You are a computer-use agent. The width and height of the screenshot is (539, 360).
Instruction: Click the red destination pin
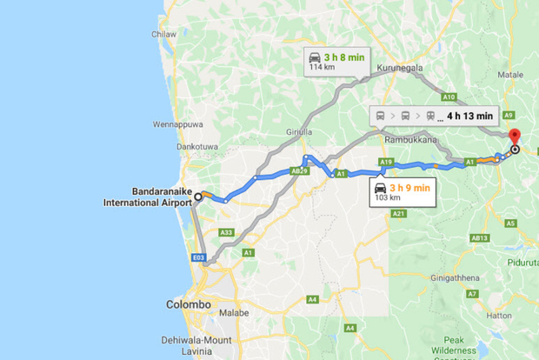(513, 137)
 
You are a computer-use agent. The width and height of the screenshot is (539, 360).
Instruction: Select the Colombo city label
(188, 304)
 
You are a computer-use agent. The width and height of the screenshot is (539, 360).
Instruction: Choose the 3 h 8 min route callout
(336, 62)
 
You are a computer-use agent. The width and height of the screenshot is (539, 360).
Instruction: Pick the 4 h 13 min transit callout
(433, 115)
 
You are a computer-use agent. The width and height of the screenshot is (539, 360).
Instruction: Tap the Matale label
(511, 75)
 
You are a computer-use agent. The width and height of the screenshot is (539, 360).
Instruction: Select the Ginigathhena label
(457, 278)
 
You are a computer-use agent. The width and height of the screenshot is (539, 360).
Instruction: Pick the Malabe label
(234, 312)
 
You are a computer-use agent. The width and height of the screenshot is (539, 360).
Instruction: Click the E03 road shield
(199, 258)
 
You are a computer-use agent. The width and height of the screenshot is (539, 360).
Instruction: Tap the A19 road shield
(387, 163)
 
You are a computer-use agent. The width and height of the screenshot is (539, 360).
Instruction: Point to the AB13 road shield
(479, 237)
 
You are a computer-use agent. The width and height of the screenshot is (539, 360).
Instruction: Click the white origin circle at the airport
(198, 197)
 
